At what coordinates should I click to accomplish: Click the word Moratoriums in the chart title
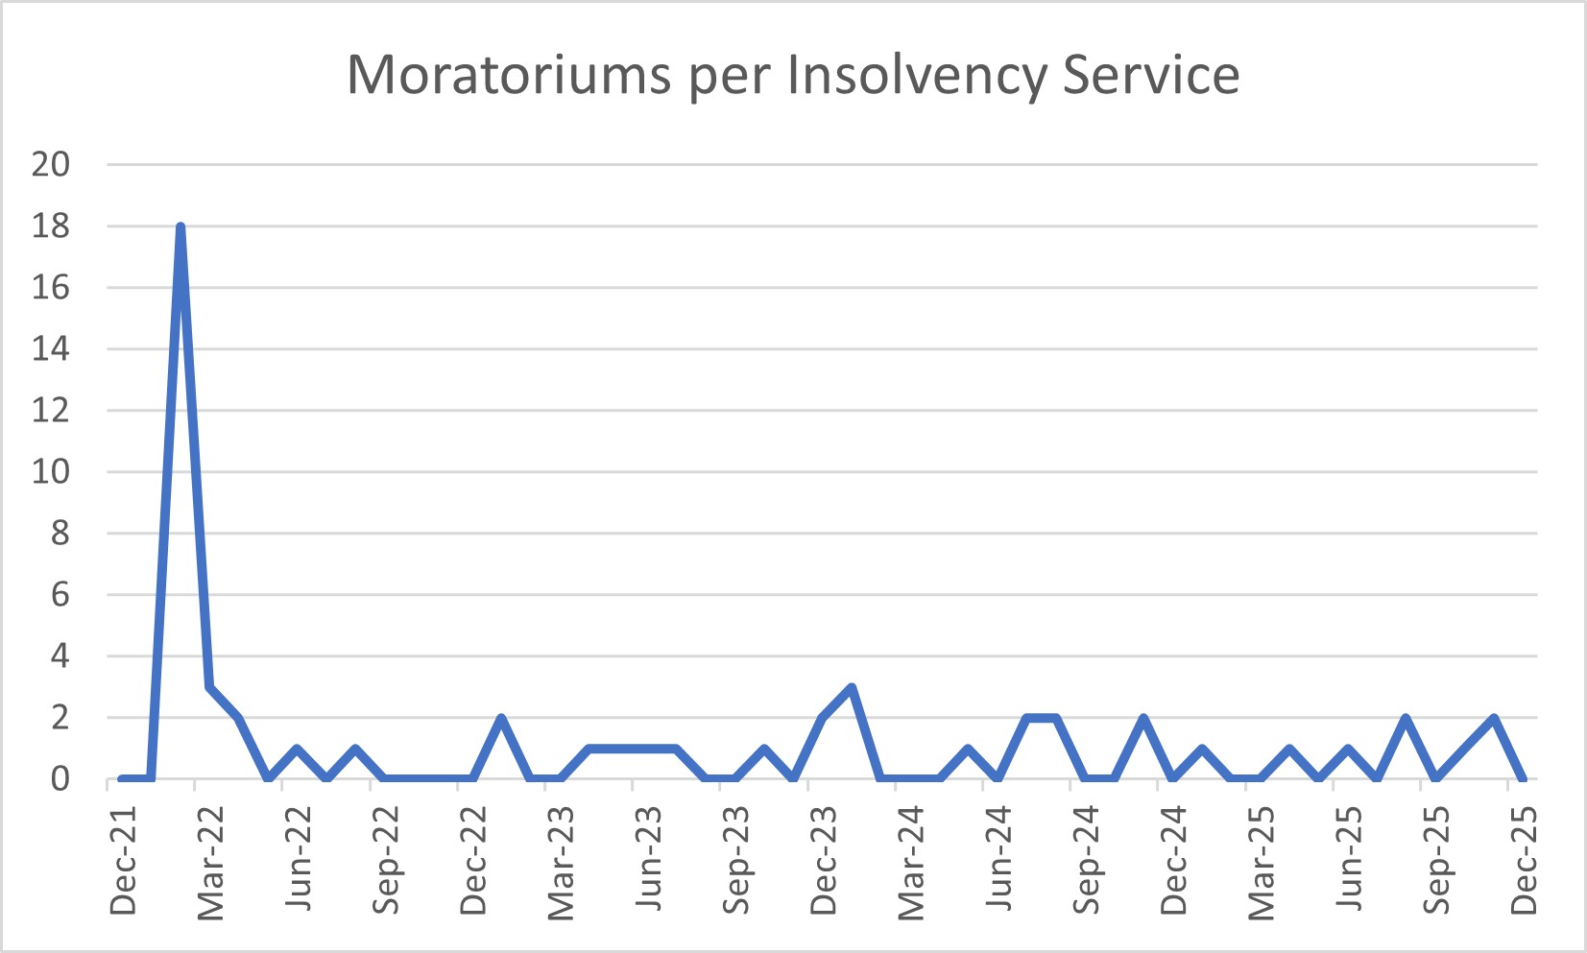508,74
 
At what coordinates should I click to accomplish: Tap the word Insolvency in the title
916,74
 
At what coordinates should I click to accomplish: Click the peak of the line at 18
180,226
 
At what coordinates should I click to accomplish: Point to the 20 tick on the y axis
51,164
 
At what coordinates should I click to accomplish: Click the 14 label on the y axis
51,348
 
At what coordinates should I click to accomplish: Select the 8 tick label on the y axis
60,533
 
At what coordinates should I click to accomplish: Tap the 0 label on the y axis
60,778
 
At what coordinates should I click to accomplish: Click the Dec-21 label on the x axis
124,860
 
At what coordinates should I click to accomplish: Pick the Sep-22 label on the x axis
385,860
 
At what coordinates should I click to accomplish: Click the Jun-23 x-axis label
648,860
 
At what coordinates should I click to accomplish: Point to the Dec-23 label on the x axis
823,860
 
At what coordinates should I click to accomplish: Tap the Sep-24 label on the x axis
1086,860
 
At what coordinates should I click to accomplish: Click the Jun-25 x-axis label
1349,860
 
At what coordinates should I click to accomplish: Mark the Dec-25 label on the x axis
1524,860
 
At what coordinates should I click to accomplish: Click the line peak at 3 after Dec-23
852,687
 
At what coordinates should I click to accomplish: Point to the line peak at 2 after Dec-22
501,718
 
